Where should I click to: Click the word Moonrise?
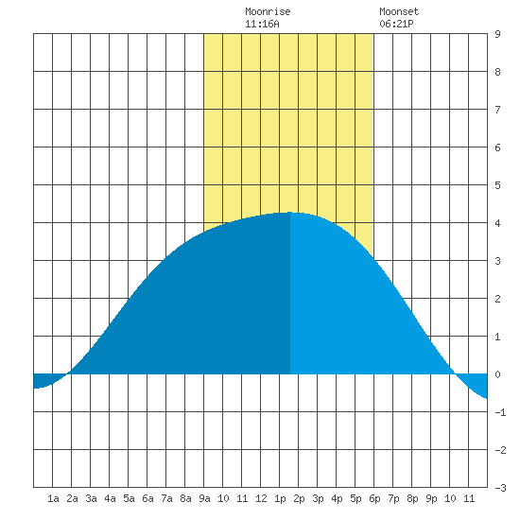268,11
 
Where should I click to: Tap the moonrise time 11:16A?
262,24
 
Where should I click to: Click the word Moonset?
399,11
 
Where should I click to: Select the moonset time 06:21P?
396,24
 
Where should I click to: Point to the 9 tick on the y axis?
497,34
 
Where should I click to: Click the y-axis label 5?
497,185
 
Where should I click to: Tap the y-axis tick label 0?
497,374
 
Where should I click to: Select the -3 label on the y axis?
500,488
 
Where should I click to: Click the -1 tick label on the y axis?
500,412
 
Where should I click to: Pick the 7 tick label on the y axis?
497,110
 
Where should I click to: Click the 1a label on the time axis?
53,498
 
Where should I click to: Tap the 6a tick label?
147,498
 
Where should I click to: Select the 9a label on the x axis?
204,498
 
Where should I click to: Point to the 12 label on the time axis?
261,498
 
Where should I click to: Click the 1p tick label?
280,498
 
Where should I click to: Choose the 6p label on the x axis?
374,498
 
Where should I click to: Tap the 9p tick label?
431,498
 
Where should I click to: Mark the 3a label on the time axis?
91,498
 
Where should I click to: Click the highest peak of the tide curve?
290,212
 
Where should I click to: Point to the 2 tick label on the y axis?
497,299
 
